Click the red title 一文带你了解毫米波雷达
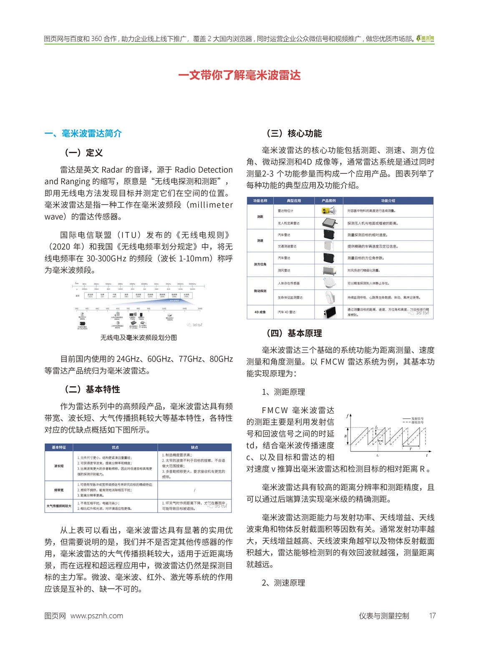239,75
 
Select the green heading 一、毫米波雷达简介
83,133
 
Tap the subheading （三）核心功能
294,133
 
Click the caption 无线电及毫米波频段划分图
139,337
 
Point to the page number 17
432,616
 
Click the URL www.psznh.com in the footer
97,616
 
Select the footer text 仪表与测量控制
384,616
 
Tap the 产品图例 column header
329,201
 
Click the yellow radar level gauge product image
329,211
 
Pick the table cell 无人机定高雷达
289,223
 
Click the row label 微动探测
260,291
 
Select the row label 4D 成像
260,312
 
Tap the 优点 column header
115,447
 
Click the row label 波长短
59,466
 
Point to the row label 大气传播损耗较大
59,506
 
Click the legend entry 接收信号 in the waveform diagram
417,422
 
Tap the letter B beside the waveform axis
345,436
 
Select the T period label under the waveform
411,449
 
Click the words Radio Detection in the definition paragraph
204,170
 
